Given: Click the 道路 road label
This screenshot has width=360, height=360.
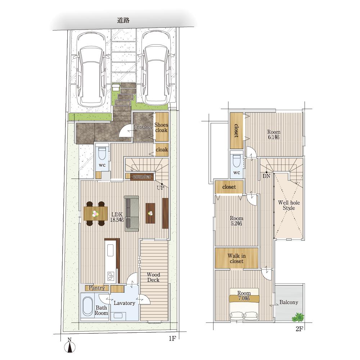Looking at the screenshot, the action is point(123,20).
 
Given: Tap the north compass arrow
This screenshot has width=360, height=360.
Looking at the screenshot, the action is point(70,347).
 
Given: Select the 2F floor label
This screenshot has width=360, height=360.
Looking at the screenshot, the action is point(300,329).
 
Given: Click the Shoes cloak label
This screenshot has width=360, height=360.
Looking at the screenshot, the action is point(161,127).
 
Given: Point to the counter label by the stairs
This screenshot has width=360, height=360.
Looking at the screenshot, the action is point(142,176).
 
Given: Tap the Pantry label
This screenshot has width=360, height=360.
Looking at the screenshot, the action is point(96,288).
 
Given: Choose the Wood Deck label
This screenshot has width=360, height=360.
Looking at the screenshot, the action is point(153,277).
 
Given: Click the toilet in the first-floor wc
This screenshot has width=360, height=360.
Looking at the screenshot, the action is point(102,153).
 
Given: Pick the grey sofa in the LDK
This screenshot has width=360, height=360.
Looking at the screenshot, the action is point(132,213).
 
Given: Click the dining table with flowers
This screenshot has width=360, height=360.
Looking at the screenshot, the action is point(95,214).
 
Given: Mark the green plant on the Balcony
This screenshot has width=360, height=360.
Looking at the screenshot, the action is point(298,317).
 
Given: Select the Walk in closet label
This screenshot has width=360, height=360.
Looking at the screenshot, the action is point(237,258).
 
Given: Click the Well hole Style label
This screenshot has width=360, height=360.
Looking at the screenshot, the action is point(289,205).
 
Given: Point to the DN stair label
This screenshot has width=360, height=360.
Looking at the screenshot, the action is point(266,176).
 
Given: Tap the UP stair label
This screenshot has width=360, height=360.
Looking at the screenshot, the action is point(161,188).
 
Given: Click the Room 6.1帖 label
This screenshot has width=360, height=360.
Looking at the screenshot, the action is point(274,135).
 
